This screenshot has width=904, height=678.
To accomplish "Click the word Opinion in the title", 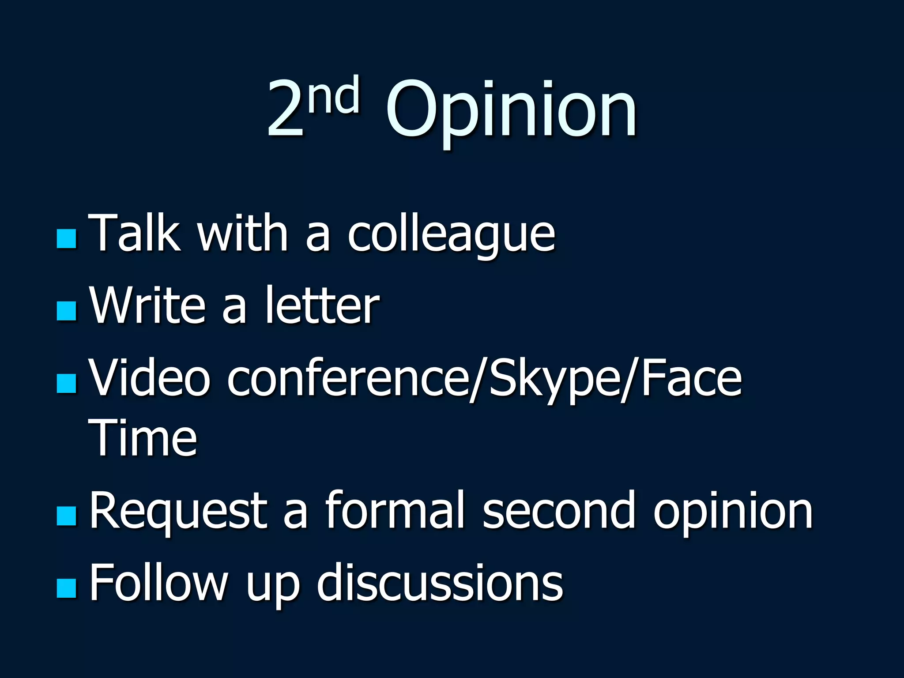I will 511,110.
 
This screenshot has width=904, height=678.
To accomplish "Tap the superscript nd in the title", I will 334,95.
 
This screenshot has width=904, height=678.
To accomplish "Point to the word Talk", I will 135,233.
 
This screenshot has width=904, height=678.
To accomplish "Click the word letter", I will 322,305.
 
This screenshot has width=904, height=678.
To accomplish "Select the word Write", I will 148,305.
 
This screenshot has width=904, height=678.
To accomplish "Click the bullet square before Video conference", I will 67,383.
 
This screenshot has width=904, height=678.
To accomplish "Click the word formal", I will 395,510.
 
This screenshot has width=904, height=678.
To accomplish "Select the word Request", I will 178,511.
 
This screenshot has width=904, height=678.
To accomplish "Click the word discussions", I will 440,583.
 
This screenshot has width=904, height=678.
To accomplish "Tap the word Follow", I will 159,583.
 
